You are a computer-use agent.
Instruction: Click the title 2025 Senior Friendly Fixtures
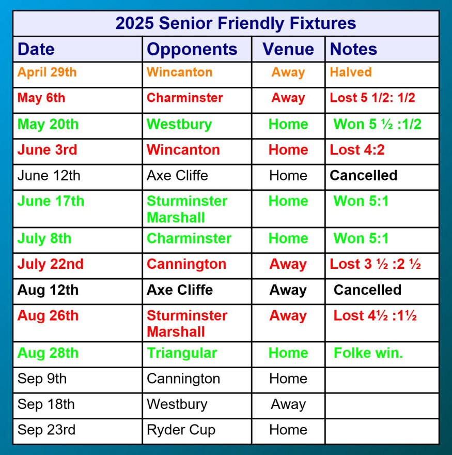(236, 23)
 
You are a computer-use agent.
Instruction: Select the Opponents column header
(192, 49)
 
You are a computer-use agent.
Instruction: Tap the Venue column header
(288, 49)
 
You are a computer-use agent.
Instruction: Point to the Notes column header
(353, 49)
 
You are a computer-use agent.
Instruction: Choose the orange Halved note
(351, 72)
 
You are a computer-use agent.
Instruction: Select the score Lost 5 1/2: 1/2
(372, 98)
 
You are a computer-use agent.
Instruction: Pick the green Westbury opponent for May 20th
(179, 125)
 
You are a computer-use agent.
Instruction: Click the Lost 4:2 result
(357, 150)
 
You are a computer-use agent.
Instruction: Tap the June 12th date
(49, 176)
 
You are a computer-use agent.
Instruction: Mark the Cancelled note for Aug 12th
(367, 290)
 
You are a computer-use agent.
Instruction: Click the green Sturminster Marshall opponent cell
(187, 209)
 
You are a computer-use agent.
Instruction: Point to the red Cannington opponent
(186, 264)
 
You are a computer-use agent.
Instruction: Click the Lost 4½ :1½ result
(375, 315)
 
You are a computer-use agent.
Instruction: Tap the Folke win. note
(368, 353)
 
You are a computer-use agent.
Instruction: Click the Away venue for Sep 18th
(288, 404)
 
